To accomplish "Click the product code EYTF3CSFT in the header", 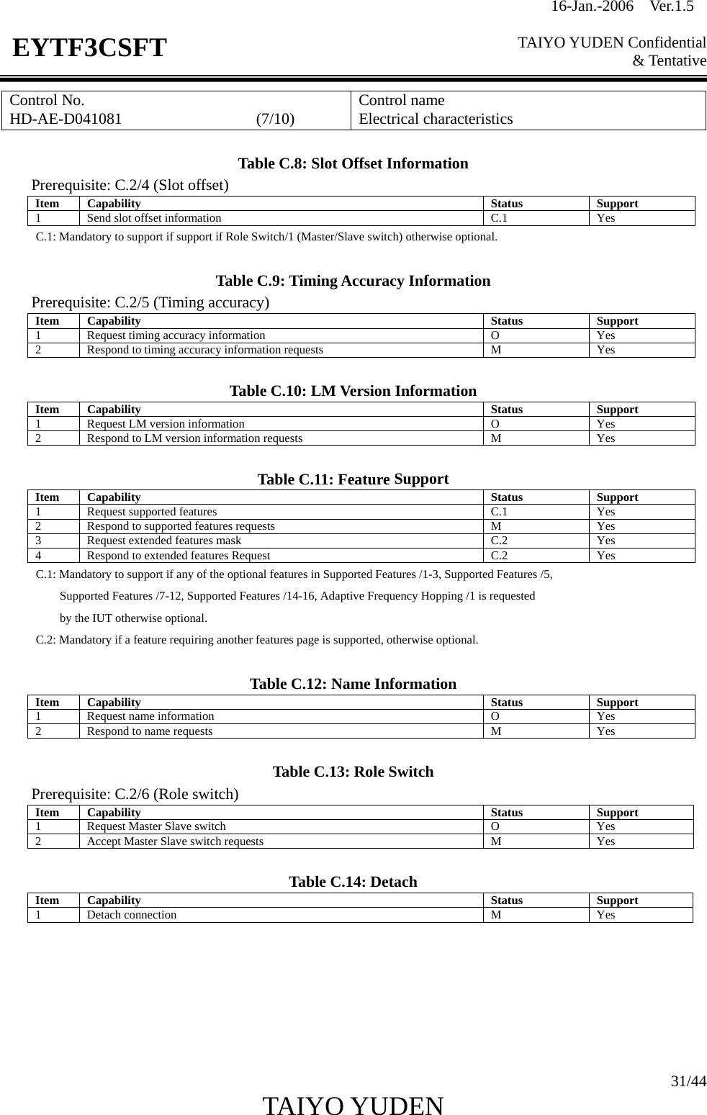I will (89, 48).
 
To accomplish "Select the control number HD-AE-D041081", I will (66, 119).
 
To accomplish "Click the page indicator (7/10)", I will (275, 119).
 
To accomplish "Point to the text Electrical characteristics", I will (436, 119).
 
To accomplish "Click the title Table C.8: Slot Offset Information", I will (353, 163).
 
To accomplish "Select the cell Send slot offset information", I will (154, 218).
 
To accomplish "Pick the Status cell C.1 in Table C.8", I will (499, 218).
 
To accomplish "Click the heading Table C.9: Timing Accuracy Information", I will (353, 281).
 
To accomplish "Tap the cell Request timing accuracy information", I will (176, 335).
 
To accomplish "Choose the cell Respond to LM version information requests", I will (194, 438).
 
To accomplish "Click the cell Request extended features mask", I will (164, 541).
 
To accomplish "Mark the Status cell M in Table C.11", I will (496, 526).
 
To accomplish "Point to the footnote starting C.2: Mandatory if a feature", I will (256, 640).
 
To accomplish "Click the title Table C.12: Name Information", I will (353, 684).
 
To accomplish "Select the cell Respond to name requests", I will (150, 731).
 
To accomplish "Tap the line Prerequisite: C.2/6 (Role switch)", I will (135, 794).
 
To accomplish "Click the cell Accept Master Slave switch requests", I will (175, 841).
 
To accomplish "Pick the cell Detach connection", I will (132, 915).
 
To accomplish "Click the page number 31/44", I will (688, 1081).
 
